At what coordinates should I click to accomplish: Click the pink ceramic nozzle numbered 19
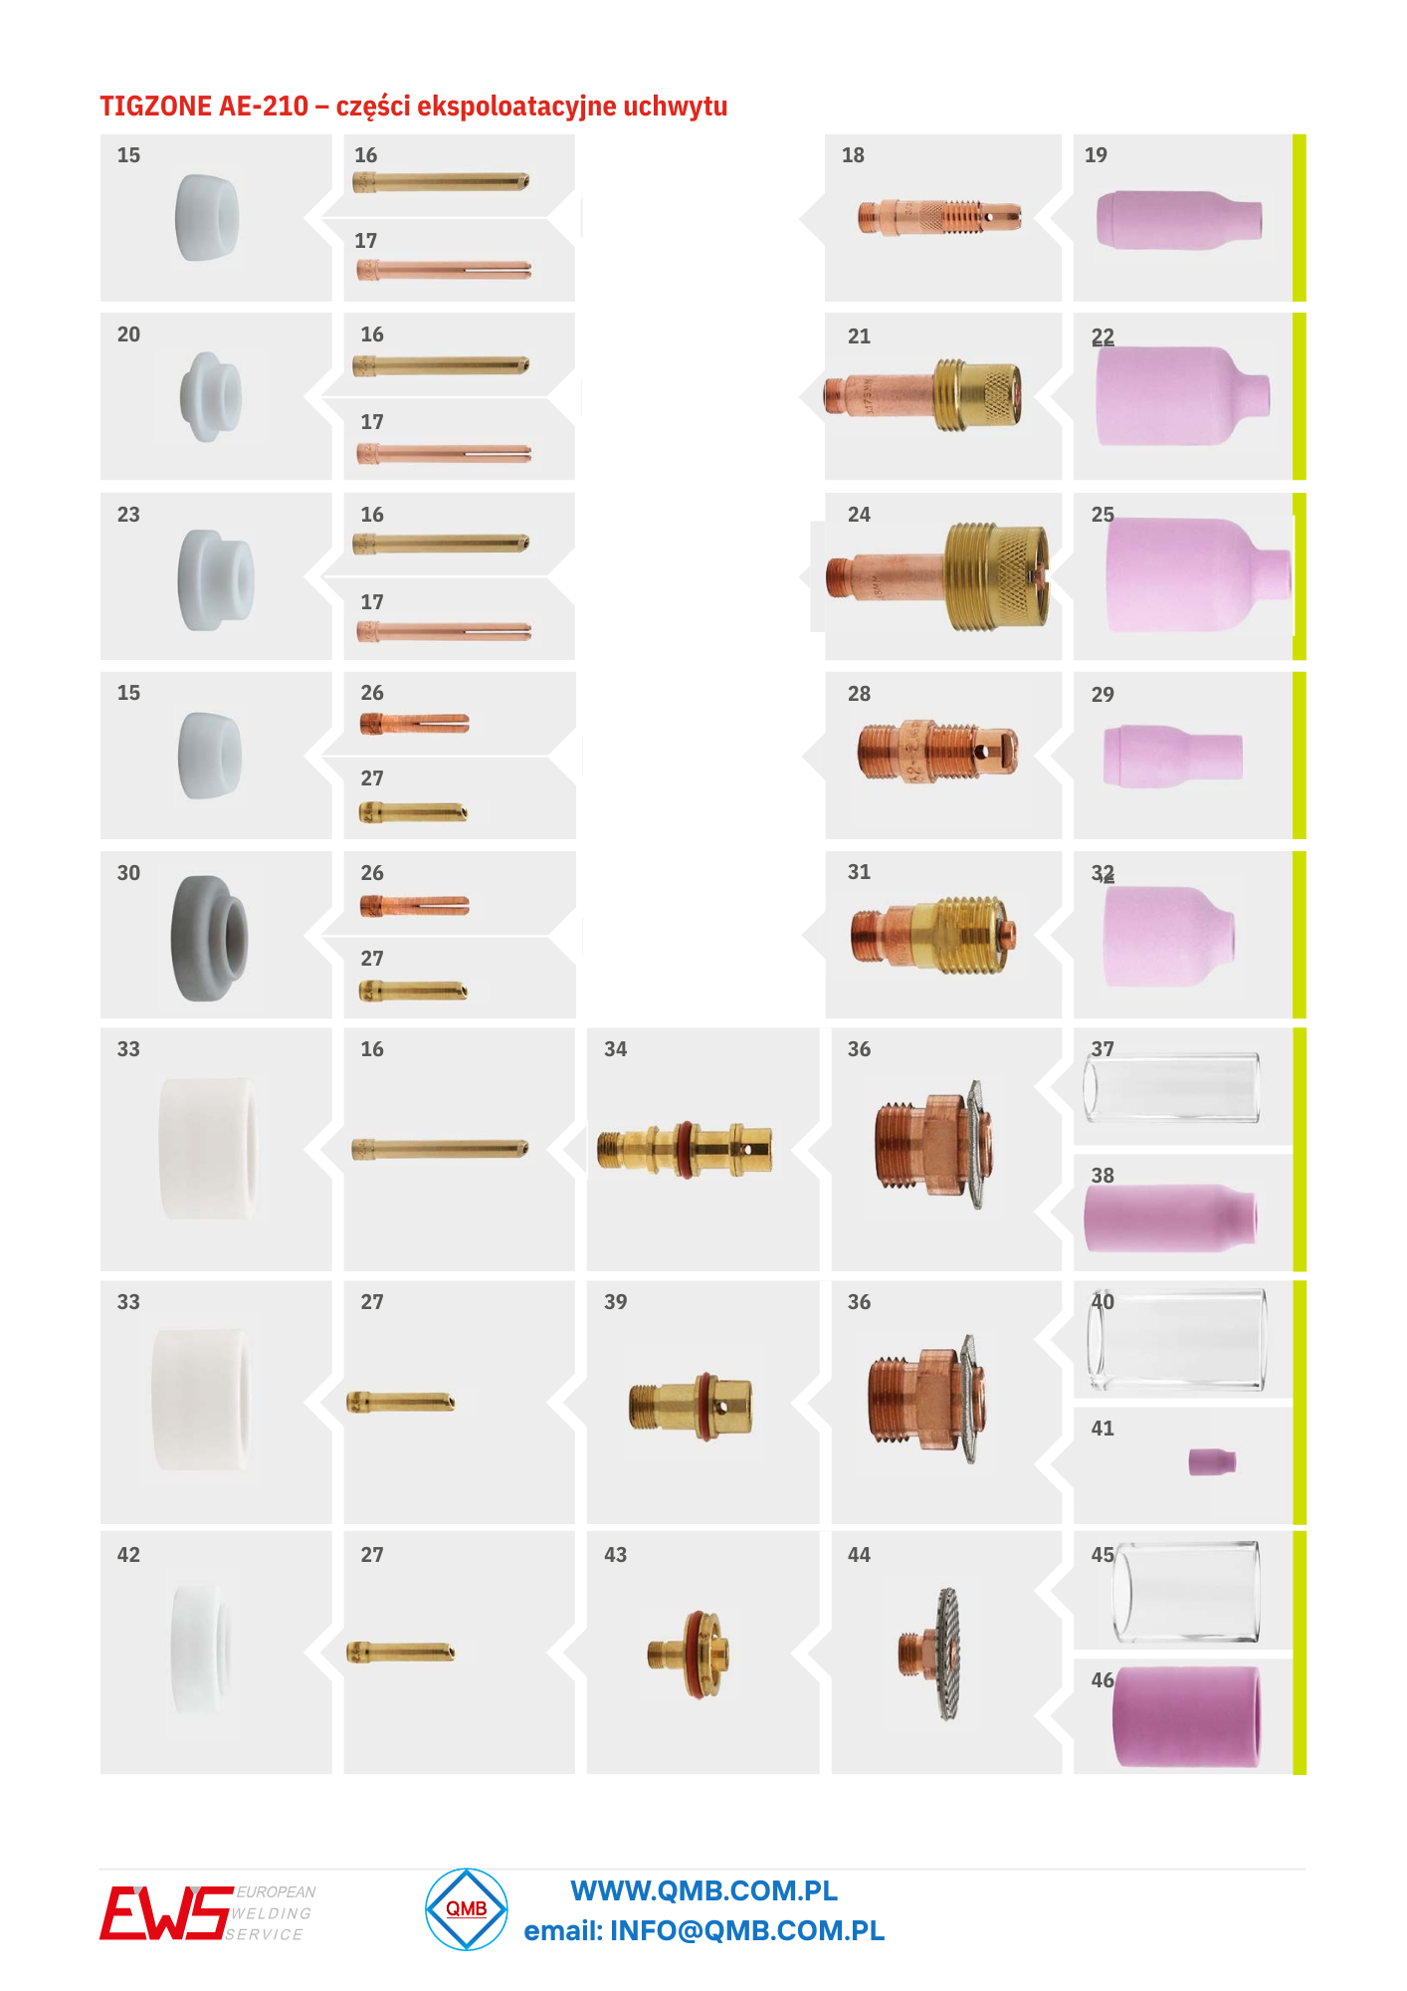click(1179, 220)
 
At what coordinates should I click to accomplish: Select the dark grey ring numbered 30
click(208, 938)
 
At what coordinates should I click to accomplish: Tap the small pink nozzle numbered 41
click(1212, 1461)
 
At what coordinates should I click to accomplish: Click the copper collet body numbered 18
click(939, 216)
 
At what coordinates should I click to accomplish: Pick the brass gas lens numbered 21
click(922, 395)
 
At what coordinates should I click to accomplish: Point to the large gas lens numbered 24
click(937, 576)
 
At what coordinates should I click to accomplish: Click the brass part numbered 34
click(685, 1149)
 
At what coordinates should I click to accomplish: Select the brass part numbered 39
click(691, 1405)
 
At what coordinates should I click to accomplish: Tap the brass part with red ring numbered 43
click(689, 1655)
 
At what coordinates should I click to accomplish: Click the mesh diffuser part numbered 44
click(932, 1654)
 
